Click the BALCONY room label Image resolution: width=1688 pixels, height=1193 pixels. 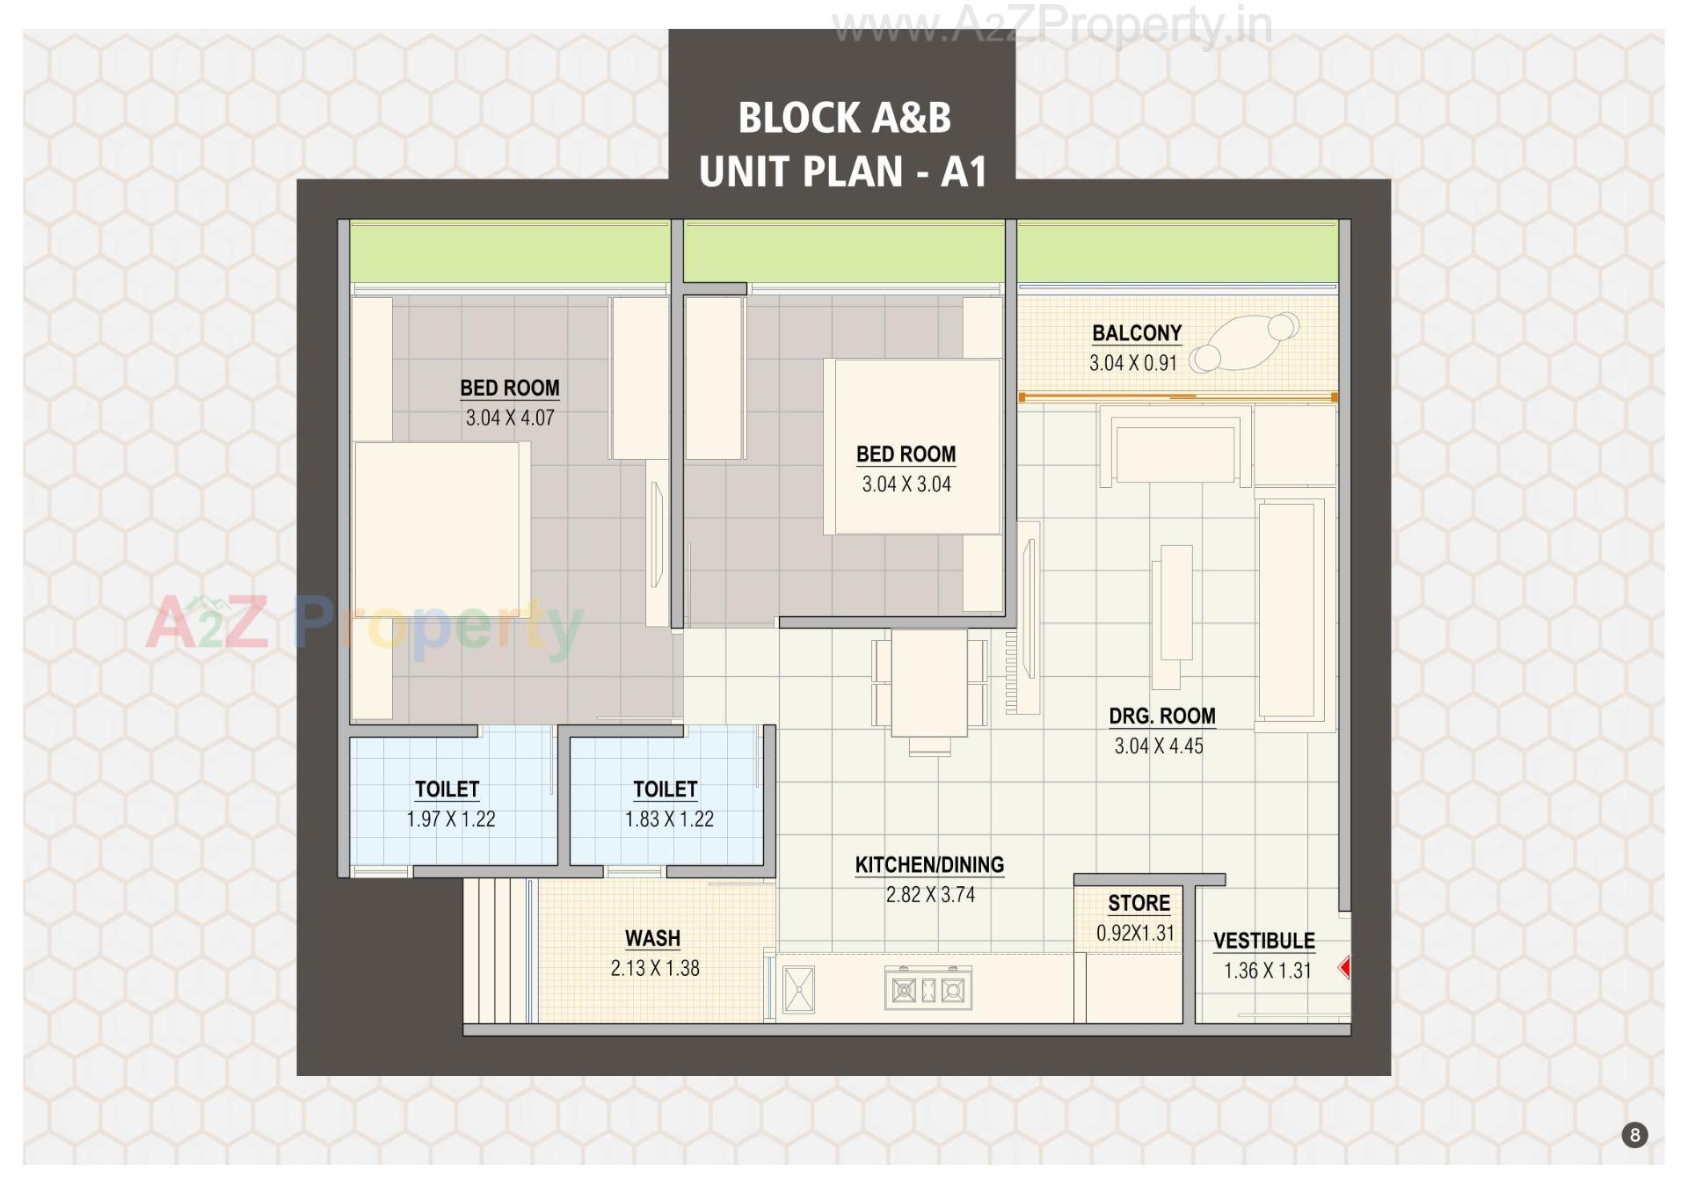1136,333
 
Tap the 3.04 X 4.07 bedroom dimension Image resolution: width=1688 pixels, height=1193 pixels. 510,418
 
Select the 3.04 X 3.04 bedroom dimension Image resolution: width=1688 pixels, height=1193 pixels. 906,484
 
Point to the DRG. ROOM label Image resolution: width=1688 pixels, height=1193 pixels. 1161,716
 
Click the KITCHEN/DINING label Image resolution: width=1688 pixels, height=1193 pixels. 929,865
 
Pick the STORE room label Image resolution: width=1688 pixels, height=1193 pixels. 1139,904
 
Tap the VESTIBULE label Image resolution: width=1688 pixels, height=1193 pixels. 1263,941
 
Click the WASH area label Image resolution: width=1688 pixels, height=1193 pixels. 652,939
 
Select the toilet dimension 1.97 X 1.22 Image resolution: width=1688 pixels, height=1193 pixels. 450,819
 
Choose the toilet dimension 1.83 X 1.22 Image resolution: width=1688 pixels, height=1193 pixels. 668,819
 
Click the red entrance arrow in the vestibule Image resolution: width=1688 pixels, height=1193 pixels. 1344,968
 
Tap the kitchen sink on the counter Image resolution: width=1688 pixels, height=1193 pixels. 798,989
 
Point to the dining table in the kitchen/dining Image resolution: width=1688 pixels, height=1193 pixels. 929,682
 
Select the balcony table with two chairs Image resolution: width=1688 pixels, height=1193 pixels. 1244,343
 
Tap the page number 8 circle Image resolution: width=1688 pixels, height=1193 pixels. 1634,1135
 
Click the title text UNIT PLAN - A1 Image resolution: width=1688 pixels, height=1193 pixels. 842,171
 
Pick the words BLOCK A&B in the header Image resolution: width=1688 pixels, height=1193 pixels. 844,118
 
